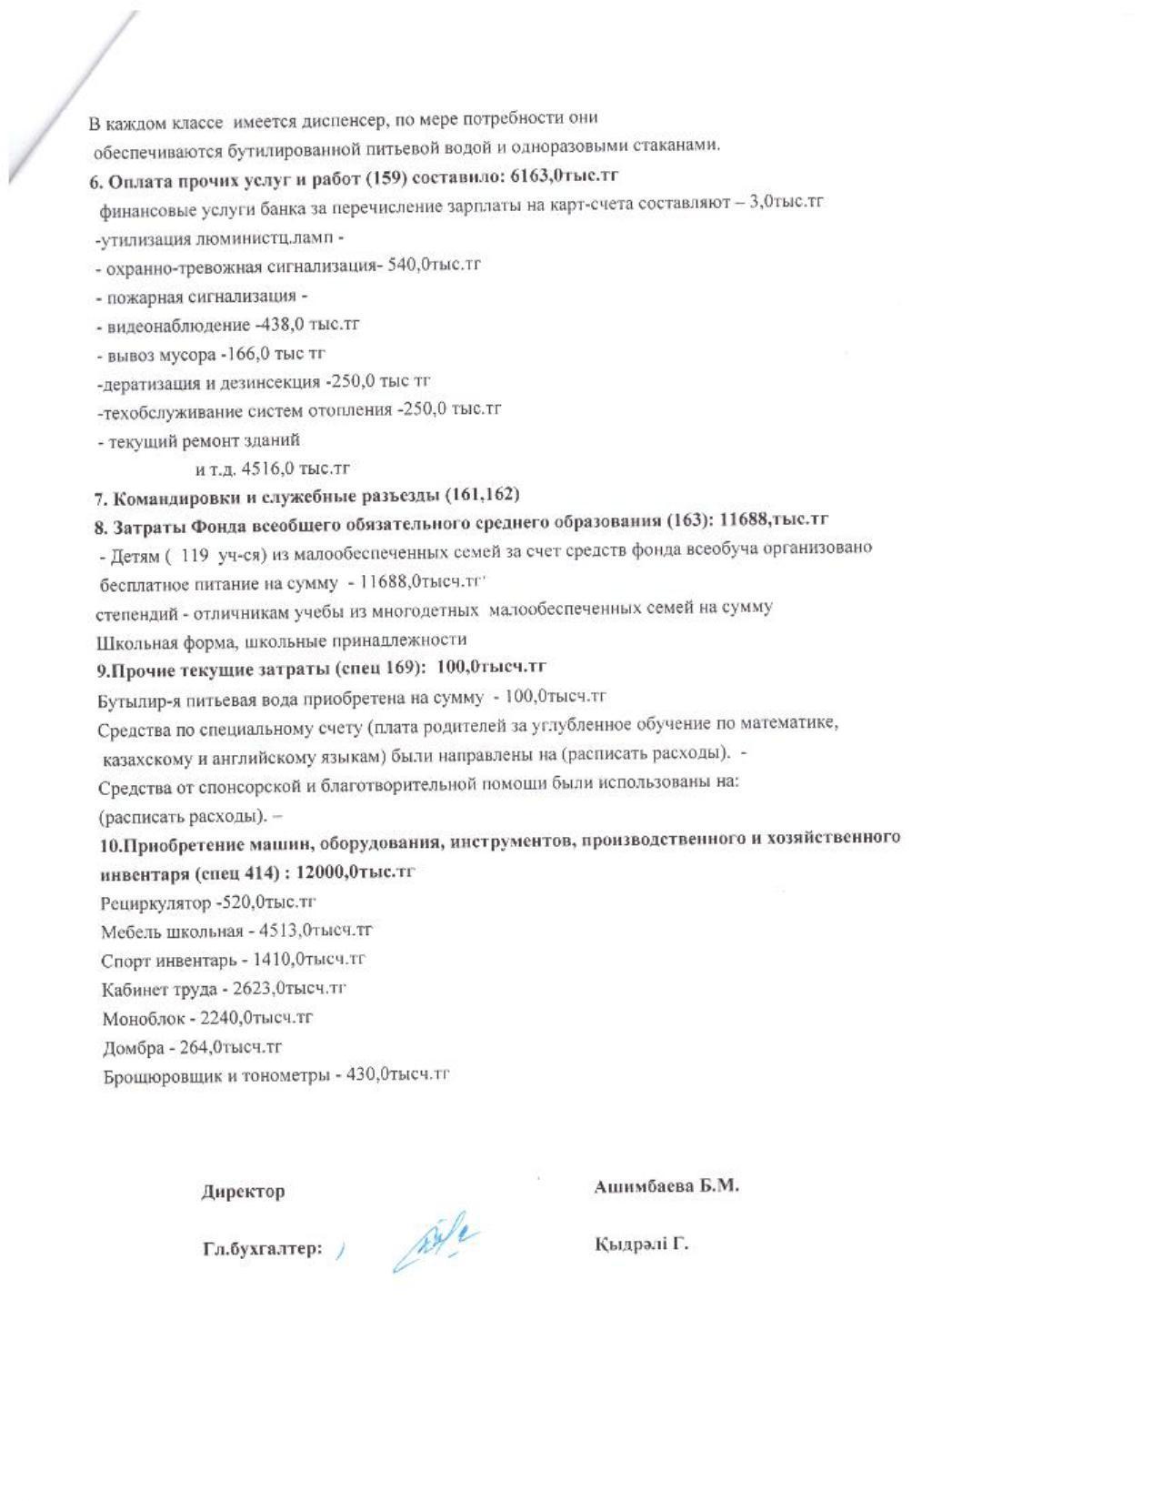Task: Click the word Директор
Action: [243, 1191]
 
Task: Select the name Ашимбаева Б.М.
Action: [666, 1186]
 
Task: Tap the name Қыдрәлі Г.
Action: [641, 1244]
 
